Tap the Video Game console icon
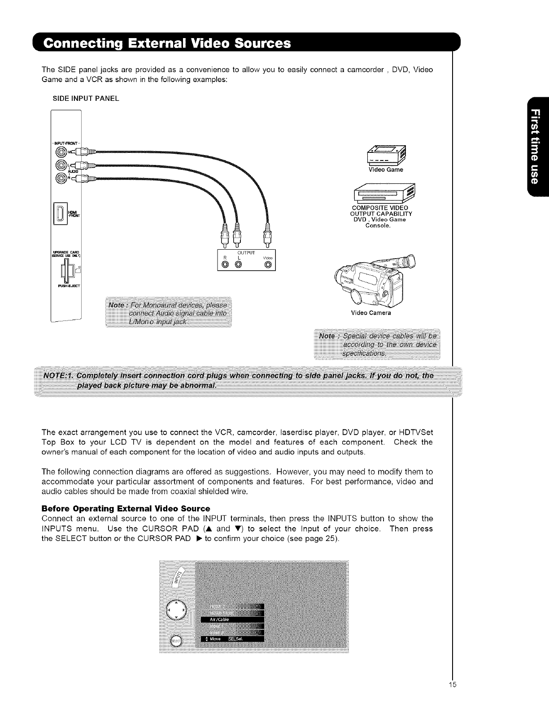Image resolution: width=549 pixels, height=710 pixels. pyautogui.click(x=386, y=155)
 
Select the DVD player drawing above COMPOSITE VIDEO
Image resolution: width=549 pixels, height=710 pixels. pyautogui.click(x=385, y=193)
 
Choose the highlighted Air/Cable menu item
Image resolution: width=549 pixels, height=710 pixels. pyautogui.click(x=231, y=619)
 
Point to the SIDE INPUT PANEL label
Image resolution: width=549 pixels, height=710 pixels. pyautogui.click(x=86, y=98)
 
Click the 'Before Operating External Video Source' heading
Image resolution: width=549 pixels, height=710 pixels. pyautogui.click(x=126, y=509)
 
